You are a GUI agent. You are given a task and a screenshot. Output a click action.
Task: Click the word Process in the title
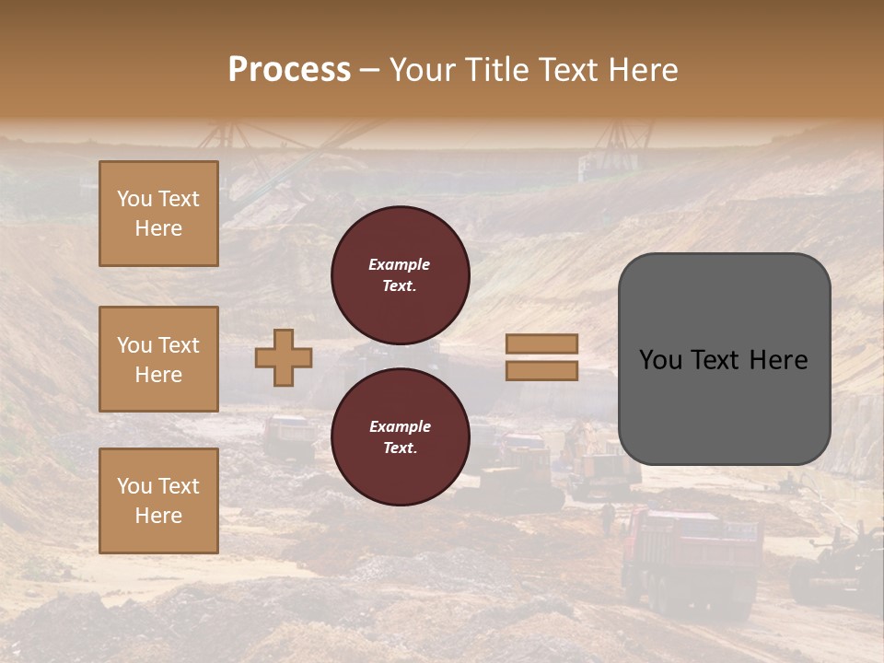tap(289, 70)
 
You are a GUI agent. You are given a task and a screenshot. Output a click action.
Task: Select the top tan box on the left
tap(158, 214)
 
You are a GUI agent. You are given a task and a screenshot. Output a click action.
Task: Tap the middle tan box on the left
tap(158, 359)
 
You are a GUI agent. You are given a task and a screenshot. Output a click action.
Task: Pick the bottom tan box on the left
tap(158, 501)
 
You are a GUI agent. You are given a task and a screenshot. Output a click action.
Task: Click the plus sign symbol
tap(284, 357)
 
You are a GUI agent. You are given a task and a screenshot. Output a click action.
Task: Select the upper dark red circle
tap(400, 275)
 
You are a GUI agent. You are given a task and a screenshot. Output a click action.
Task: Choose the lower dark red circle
tap(400, 436)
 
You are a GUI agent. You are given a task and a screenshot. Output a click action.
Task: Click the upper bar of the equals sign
tap(541, 343)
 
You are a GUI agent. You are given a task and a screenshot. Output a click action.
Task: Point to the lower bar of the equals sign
tap(541, 370)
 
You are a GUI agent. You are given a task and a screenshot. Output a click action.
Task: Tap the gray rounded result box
tap(724, 359)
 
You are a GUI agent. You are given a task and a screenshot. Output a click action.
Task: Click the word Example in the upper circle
tap(400, 264)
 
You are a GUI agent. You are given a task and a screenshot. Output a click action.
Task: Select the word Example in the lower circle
tap(400, 426)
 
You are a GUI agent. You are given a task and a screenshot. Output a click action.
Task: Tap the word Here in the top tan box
tap(158, 228)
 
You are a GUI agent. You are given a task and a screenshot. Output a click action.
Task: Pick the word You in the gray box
tap(659, 360)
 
